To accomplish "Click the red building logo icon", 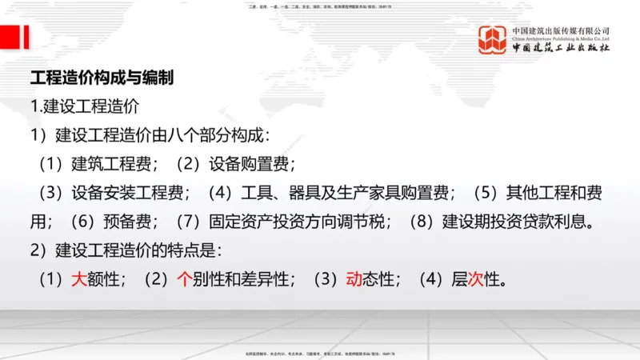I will [493, 40].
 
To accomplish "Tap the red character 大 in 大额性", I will [79, 279].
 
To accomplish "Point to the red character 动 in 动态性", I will [353, 279].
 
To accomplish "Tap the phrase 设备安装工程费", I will [130, 193].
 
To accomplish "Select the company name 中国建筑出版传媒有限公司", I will [560, 30].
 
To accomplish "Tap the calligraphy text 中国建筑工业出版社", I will [560, 48].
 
